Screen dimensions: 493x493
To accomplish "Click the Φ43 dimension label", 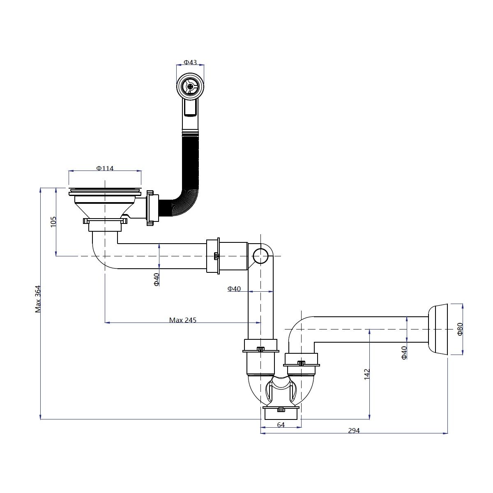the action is (x=190, y=62).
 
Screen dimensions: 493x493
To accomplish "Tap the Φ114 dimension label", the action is (x=105, y=168).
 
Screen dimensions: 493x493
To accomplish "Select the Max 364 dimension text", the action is (x=38, y=299).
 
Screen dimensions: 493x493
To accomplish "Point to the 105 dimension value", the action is (x=53, y=221).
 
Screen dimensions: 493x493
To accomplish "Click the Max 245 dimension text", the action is (x=183, y=320).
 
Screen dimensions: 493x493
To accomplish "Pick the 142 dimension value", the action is (x=367, y=374).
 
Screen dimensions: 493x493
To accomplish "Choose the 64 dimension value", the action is (x=281, y=425).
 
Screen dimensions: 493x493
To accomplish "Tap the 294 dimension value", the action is (x=354, y=431).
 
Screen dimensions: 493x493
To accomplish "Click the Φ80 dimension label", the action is (x=460, y=329).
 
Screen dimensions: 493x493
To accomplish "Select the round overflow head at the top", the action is (x=190, y=86).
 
